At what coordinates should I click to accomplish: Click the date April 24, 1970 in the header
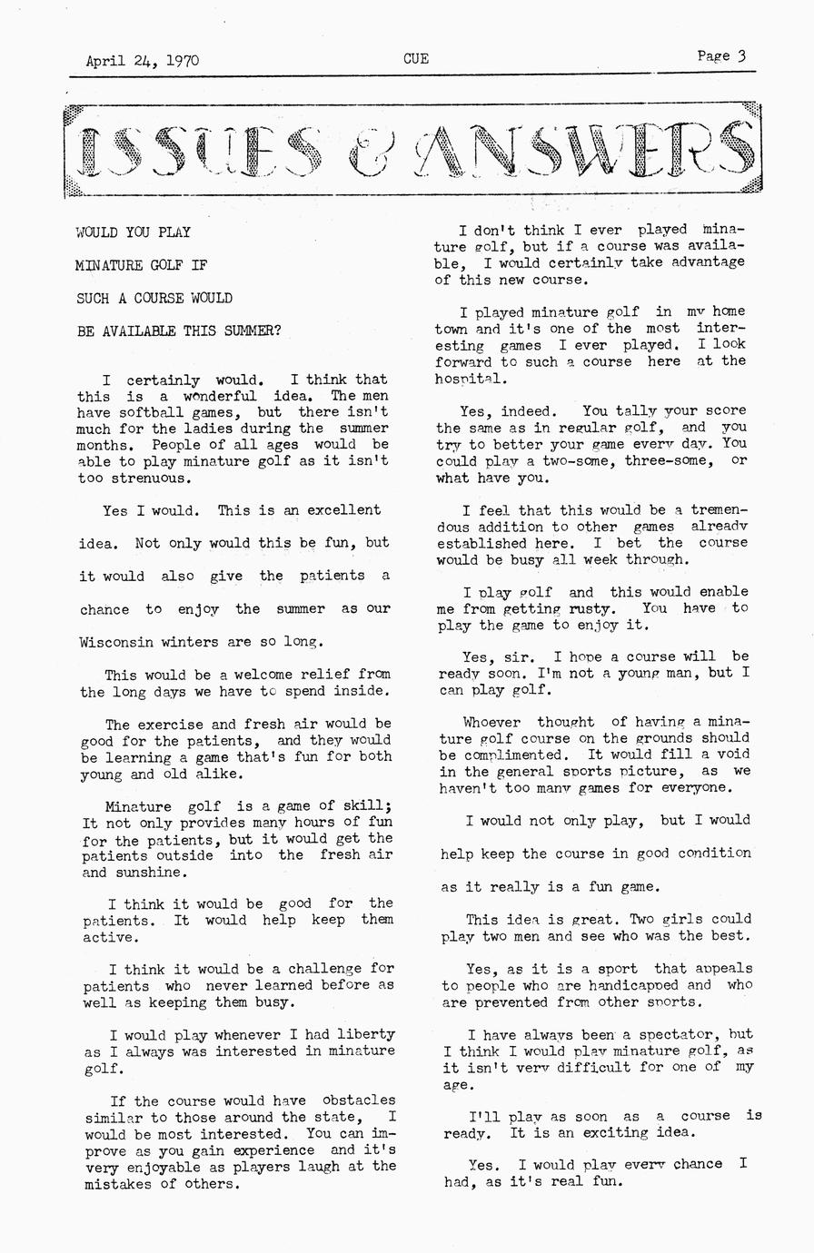pyautogui.click(x=143, y=62)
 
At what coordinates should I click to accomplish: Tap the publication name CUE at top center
pyautogui.click(x=416, y=60)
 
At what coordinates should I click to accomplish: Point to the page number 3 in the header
pyautogui.click(x=742, y=55)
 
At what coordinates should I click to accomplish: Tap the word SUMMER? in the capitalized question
pyautogui.click(x=250, y=331)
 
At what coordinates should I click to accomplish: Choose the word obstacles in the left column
pyautogui.click(x=359, y=1100)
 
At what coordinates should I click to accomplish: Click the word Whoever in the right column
pyautogui.click(x=491, y=723)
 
